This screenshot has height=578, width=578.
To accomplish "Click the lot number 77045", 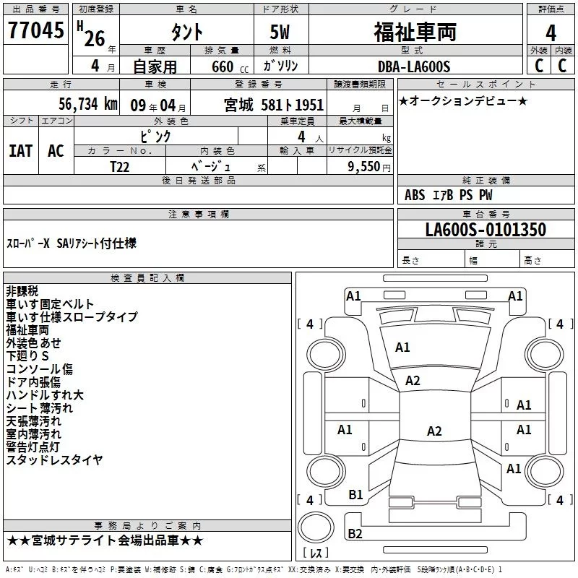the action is [35, 31].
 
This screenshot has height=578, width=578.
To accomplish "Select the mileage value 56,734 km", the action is [79, 105].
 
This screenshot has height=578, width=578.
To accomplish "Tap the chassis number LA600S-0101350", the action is [485, 230].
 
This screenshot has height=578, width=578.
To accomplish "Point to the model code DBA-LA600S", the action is [413, 66].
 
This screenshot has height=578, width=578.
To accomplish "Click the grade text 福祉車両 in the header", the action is [415, 32].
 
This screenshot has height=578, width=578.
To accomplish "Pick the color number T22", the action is [121, 166].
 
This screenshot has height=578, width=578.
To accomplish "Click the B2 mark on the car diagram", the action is [355, 534].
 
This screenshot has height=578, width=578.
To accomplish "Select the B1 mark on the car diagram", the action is [355, 495].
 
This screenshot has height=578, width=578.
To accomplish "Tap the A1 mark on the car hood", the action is [402, 348].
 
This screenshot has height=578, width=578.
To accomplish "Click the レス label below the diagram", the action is [315, 553].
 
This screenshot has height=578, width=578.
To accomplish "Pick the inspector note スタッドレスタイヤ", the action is [54, 460].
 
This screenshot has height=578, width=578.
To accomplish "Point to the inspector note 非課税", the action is [22, 290].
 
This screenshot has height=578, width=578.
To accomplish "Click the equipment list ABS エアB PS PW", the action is [449, 195].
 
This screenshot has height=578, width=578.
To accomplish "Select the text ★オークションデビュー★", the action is [463, 100].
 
